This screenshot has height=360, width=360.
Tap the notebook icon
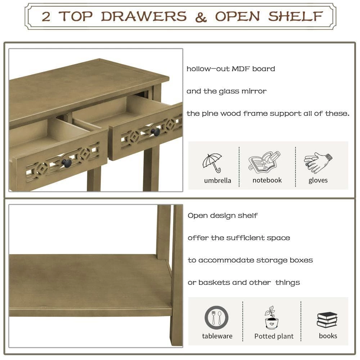click(264, 162)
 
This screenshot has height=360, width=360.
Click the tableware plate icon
click(216, 318)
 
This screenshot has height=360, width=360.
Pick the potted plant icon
click(271, 318)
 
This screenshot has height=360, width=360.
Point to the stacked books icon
click(327, 320)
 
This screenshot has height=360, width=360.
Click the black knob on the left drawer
click(67, 163)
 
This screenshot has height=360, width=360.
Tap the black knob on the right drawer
click(156, 132)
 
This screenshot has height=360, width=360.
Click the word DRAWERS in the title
click(144, 17)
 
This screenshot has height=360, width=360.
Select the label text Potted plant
click(274, 337)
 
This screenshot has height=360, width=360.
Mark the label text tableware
click(217, 336)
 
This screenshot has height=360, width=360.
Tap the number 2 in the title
click(46, 17)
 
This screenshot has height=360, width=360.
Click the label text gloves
click(318, 180)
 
